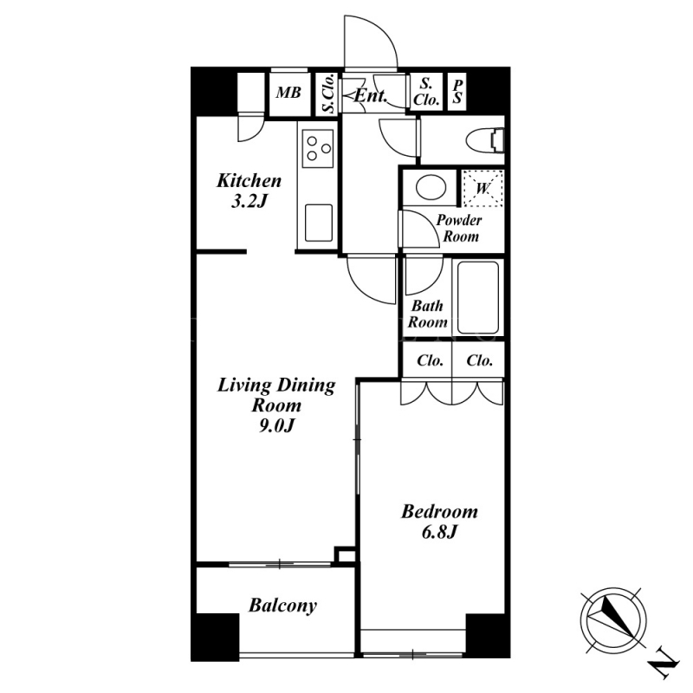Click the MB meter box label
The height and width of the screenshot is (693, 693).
(288, 93)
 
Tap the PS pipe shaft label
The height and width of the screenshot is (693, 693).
(457, 92)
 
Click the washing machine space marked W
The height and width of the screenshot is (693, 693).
(483, 188)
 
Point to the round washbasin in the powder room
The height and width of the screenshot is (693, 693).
(431, 187)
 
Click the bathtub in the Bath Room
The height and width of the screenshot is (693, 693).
(478, 297)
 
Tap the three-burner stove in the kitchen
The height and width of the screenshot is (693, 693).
(317, 148)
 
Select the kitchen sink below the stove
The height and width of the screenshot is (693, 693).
(318, 223)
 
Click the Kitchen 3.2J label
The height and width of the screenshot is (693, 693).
(249, 191)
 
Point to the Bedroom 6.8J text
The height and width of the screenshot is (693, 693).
(439, 522)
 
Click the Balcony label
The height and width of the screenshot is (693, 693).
(283, 606)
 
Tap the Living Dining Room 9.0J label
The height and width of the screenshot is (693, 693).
(276, 405)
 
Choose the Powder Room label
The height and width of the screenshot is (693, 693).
(459, 228)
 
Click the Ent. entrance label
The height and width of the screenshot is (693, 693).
(371, 96)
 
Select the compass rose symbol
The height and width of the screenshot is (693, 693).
(613, 620)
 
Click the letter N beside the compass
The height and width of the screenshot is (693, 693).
(663, 664)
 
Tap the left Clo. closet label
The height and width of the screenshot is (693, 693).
(430, 360)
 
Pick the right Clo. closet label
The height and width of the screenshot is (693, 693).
(480, 360)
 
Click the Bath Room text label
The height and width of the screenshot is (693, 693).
(427, 314)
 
